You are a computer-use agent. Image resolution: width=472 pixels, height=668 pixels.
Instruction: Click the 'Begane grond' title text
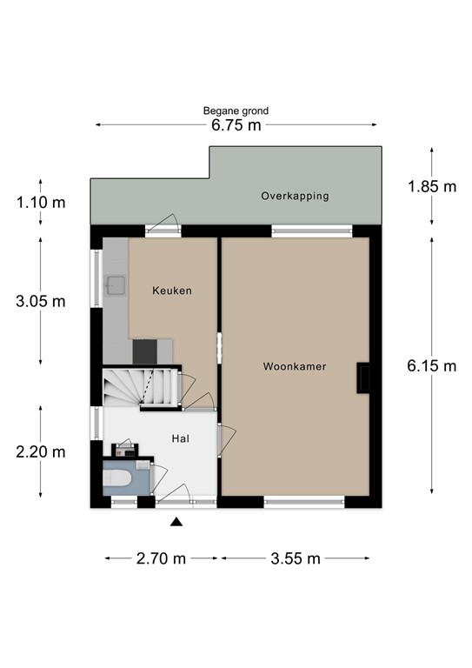[236, 110]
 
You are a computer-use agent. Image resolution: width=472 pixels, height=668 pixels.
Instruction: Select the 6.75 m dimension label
[236, 125]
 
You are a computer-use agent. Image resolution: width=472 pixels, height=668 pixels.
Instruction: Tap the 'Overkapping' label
[296, 197]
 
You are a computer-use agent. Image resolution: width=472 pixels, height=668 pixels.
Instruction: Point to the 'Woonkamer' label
[295, 367]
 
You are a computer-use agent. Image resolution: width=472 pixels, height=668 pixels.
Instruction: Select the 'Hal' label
[181, 439]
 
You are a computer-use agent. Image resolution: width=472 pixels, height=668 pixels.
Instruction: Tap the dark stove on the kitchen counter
[145, 351]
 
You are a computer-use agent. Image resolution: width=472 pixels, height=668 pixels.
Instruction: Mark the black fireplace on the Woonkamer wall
[363, 377]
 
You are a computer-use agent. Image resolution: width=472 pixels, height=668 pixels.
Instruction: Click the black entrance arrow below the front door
[176, 522]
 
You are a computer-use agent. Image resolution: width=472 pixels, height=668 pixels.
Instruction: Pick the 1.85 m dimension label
[431, 186]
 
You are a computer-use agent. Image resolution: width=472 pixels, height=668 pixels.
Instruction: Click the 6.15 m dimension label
[431, 366]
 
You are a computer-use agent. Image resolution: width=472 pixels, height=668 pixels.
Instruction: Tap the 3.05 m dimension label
[41, 302]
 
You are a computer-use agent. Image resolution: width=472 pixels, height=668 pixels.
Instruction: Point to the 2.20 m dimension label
[41, 451]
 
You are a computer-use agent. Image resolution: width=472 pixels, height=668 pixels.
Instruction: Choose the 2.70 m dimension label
[162, 558]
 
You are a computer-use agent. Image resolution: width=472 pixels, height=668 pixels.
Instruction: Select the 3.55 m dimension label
[296, 558]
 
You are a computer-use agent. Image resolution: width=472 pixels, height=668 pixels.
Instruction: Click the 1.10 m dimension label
[41, 203]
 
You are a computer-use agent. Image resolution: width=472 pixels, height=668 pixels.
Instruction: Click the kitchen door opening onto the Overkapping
[163, 228]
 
